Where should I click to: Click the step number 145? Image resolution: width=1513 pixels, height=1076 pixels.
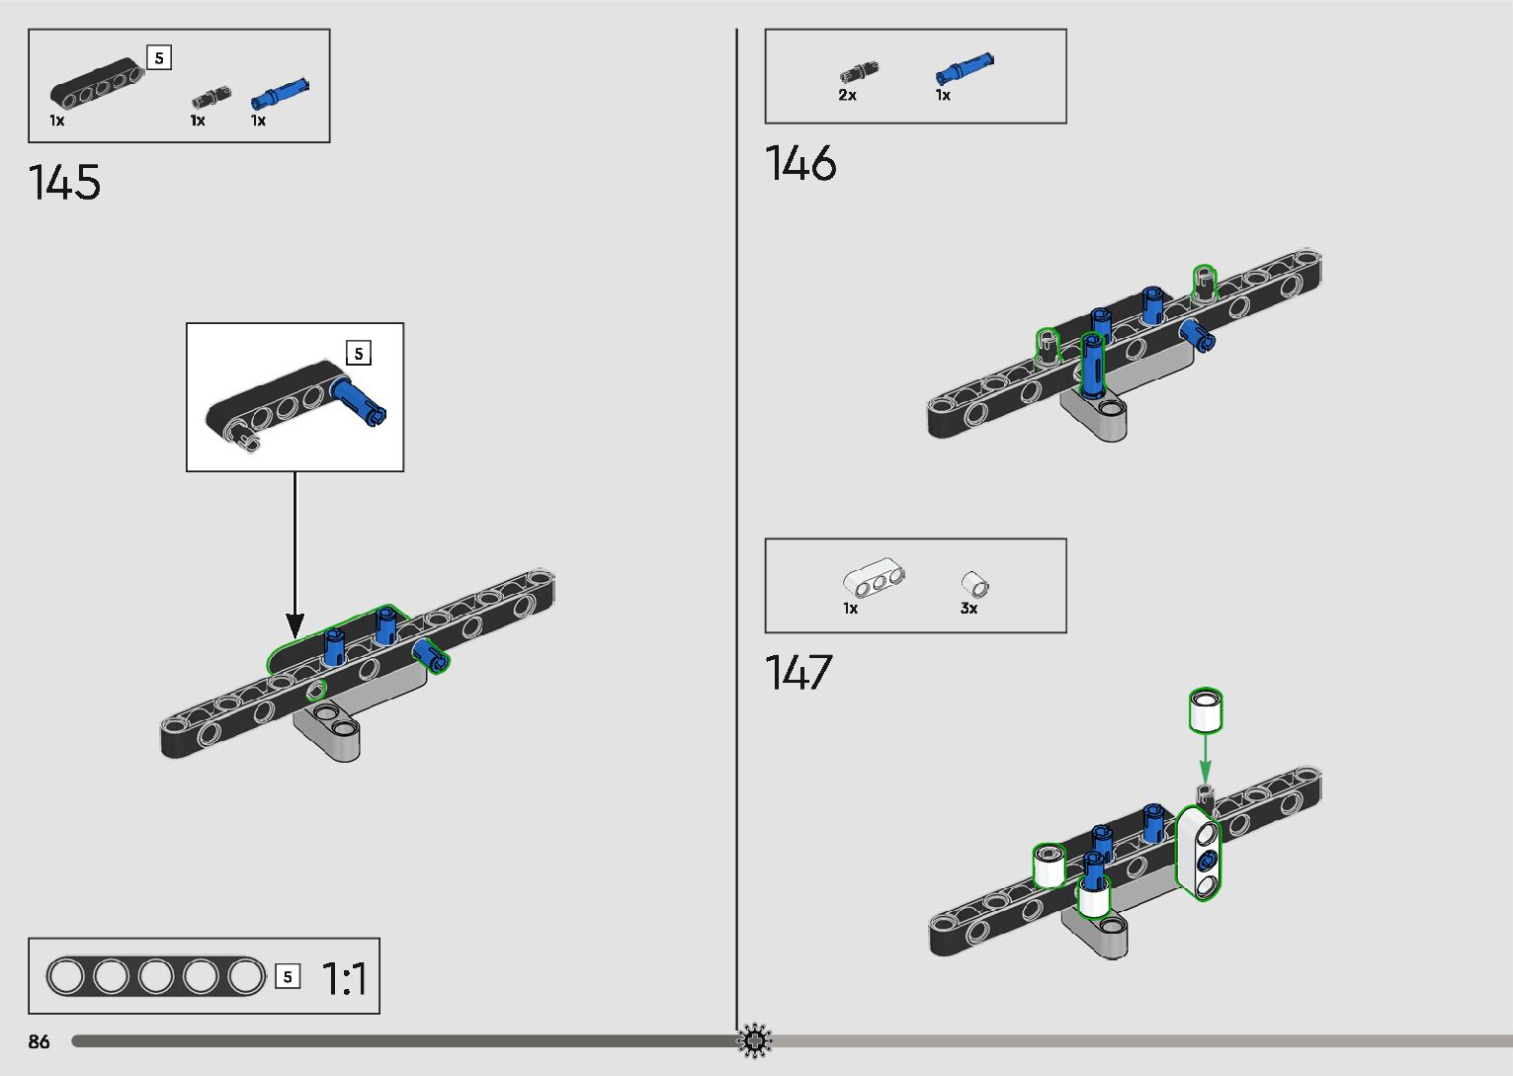point(64,183)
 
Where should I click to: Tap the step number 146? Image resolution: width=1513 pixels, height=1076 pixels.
point(800,163)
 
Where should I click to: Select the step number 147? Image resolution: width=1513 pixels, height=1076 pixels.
point(799,673)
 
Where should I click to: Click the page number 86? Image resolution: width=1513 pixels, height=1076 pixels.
point(39,1041)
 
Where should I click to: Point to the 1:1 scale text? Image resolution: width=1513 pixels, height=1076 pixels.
point(345,979)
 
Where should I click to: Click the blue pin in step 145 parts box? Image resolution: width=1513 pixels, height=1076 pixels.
point(280,93)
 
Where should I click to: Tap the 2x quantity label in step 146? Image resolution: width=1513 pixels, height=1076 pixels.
point(847,96)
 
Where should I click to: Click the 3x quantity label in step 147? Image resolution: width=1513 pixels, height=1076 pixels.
point(968,609)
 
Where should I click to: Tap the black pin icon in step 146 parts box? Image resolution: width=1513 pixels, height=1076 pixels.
point(859,73)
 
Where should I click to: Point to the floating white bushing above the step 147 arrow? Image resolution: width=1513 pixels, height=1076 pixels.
point(1205,709)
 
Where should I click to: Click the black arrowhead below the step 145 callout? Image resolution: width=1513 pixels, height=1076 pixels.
point(294,625)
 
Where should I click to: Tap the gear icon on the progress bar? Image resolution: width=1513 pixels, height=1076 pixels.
point(754,1040)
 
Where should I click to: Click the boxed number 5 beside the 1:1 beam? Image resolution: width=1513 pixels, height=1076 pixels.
point(288,977)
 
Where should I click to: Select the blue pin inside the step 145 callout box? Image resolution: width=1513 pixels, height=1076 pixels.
point(358,399)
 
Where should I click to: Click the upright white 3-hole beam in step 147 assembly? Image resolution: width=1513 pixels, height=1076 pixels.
point(1199,855)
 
